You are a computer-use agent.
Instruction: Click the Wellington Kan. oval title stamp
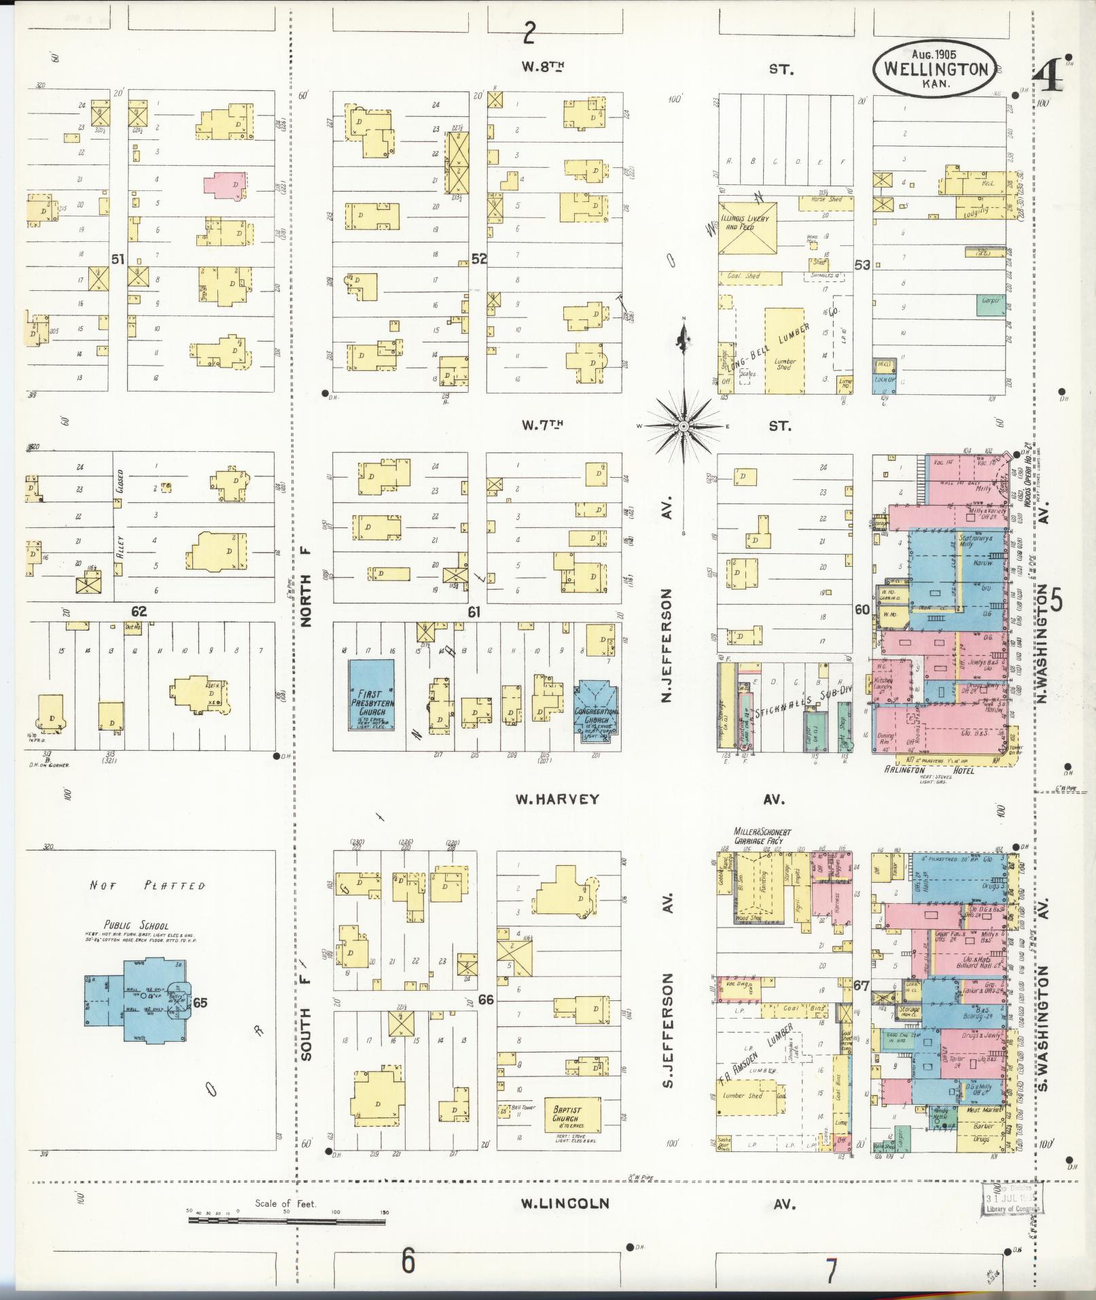point(935,69)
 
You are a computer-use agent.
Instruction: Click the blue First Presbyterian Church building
point(371,695)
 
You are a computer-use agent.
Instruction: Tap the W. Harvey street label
point(557,799)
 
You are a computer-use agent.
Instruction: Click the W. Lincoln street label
point(565,1204)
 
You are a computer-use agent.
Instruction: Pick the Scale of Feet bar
point(285,1221)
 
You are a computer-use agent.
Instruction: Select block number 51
point(118,259)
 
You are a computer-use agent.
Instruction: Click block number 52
point(479,259)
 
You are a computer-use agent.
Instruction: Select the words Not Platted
point(147,886)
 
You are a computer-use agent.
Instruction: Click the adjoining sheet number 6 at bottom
point(407,1262)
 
